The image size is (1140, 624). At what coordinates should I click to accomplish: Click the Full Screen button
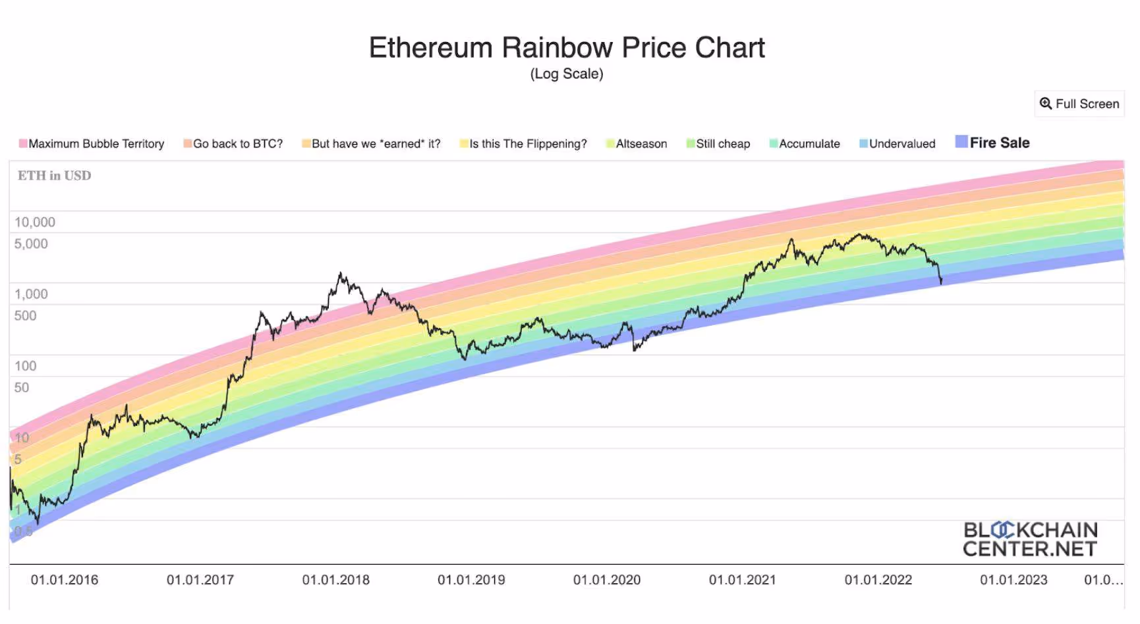coord(1079,104)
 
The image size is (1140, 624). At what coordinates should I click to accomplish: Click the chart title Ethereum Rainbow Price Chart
coord(567,48)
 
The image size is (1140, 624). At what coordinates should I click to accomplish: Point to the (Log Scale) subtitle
coord(567,74)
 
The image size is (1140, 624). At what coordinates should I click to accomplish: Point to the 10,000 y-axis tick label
coord(35,222)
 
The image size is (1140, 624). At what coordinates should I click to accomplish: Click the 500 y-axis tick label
coord(26,316)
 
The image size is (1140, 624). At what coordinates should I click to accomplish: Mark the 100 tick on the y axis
coord(26,366)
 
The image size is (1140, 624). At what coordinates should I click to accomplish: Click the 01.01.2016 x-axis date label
coord(65,580)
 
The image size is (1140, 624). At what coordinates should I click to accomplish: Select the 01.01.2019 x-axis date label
coord(471,580)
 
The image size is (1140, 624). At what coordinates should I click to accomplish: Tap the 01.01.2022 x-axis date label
coord(878,580)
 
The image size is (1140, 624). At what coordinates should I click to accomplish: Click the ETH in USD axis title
coord(55,176)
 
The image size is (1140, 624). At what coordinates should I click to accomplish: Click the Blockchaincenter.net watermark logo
coord(1030,539)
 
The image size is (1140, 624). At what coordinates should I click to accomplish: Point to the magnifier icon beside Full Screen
coord(1046,103)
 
